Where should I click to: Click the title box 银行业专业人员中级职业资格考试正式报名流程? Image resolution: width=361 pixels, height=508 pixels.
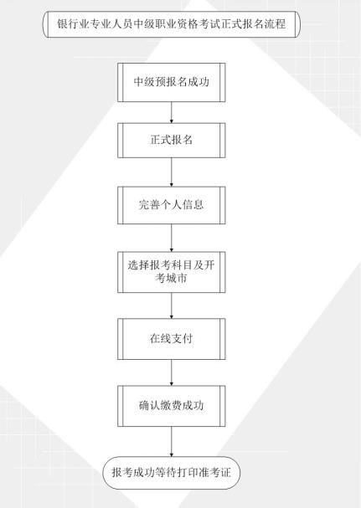[x=172, y=24]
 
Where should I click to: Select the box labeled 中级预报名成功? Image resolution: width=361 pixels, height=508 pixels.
[x=171, y=82]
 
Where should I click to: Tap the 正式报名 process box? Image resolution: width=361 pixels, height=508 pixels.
[x=171, y=141]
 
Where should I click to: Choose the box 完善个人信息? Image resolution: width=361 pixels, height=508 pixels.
[x=171, y=205]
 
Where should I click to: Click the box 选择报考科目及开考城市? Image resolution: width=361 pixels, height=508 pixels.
[x=171, y=272]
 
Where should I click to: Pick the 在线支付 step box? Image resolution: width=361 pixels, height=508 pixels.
[x=171, y=339]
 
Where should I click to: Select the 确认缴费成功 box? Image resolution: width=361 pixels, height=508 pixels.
[x=171, y=406]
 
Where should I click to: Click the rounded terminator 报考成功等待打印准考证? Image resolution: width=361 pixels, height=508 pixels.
[x=171, y=473]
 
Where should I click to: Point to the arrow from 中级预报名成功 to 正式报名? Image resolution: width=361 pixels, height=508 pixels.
[x=171, y=112]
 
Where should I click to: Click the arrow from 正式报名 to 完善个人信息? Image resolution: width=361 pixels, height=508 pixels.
[x=171, y=172]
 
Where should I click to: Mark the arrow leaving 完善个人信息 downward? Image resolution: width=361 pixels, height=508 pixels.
[x=171, y=239]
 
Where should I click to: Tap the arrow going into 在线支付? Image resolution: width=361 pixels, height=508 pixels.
[x=171, y=305]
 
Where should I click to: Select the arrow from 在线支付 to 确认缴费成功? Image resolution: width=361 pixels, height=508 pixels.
[x=171, y=372]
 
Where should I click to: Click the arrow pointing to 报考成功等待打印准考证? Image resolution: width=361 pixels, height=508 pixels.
[x=171, y=442]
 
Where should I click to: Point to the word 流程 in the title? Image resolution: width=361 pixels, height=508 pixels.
[x=275, y=24]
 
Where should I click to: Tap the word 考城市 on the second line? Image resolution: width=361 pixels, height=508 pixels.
[x=171, y=279]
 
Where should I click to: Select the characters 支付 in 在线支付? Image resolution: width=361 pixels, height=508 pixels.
[x=182, y=339]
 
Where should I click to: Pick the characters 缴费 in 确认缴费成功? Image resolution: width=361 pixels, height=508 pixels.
[x=171, y=406]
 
